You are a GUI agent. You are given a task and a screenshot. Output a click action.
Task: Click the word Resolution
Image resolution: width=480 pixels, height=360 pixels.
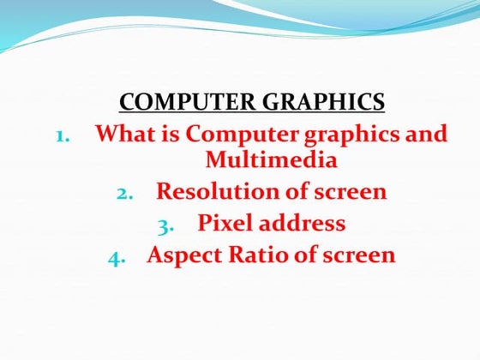219,191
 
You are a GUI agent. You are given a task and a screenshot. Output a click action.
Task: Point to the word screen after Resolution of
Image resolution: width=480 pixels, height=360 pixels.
350,191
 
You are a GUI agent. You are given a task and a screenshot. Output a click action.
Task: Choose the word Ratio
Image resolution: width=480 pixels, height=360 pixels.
261,255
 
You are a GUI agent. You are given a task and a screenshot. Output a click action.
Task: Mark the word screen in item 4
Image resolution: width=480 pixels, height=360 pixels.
359,255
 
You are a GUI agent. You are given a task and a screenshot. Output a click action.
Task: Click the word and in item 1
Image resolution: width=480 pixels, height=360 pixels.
426,135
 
